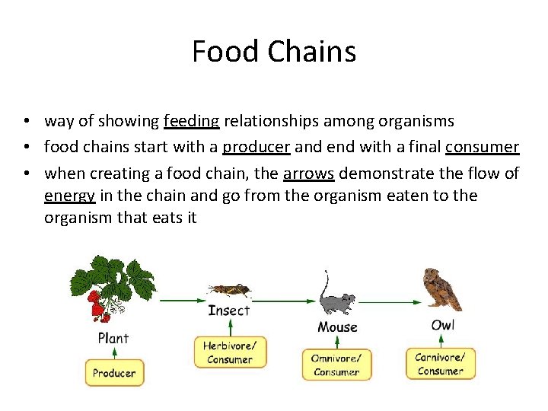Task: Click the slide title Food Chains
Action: pos(274,52)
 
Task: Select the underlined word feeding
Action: pos(191,121)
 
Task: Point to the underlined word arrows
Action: pos(308,174)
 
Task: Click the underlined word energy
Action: pos(69,196)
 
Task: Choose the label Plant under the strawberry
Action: pos(113,337)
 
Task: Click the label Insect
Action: pos(228,311)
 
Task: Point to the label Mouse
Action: pos(337,327)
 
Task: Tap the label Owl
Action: pos(443,326)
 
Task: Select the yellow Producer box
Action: pos(114,373)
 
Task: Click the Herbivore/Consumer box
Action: pos(229,352)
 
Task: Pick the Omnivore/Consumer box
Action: pos(336,365)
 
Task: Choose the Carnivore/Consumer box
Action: pos(440,364)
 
